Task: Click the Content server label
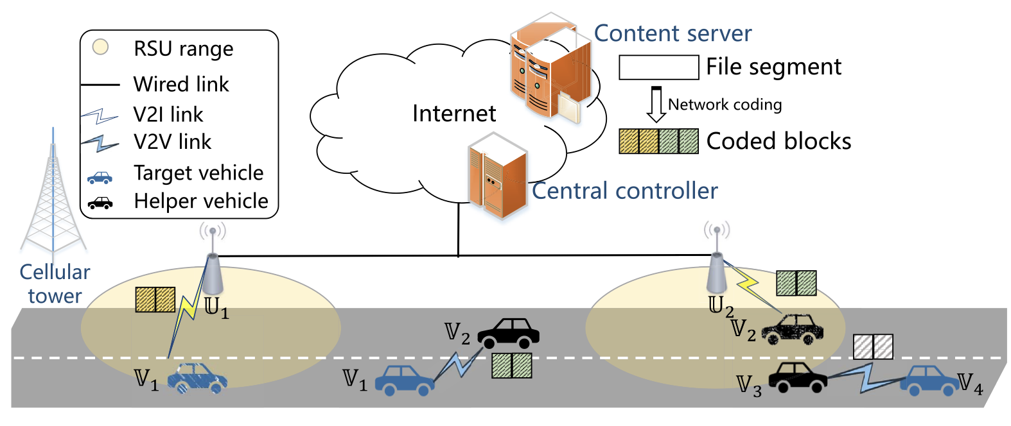point(672,33)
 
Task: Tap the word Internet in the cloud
point(453,114)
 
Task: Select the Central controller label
point(624,191)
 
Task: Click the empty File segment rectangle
point(658,67)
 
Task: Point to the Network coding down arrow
point(656,105)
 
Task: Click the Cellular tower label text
point(55,284)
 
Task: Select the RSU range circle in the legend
point(100,47)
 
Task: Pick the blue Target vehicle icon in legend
point(100,177)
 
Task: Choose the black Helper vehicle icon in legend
point(100,204)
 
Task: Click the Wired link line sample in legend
point(100,84)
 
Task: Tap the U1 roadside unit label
point(216,307)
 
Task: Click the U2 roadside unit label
point(721,305)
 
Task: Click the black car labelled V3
point(797,377)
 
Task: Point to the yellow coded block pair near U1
point(155,299)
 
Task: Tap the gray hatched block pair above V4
point(873,346)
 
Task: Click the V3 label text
point(749,386)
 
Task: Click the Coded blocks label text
point(778,141)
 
